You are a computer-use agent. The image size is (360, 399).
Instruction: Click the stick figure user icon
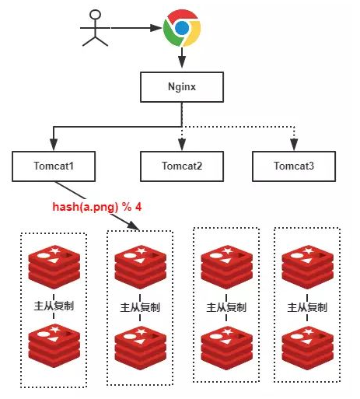point(95,28)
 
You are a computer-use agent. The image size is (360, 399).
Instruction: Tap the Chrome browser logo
point(182,28)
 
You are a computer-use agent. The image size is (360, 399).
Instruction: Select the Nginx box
point(182,87)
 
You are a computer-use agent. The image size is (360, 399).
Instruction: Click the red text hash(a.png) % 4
point(97,207)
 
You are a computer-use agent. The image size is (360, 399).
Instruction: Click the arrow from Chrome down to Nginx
point(182,58)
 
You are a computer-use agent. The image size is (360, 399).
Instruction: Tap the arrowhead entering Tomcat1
point(54,145)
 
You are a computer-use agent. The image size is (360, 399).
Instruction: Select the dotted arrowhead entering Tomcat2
point(182,145)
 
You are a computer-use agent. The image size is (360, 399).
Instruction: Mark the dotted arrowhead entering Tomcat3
point(294,145)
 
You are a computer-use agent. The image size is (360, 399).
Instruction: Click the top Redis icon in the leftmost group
point(54,267)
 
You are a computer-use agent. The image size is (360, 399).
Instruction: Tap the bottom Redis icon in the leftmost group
point(54,346)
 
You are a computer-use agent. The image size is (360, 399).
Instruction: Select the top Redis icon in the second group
point(141,267)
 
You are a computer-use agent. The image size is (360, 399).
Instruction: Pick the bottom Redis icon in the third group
point(227,348)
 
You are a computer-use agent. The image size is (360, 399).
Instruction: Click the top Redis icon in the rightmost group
point(308,267)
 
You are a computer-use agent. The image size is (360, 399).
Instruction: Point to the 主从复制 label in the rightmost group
point(307,307)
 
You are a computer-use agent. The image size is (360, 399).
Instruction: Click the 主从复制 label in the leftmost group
point(54,306)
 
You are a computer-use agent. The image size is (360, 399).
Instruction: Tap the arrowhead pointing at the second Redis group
point(134,226)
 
